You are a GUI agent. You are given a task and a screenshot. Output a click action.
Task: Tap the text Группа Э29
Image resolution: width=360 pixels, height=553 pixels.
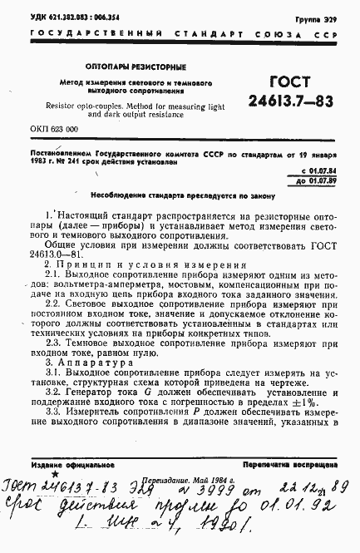316,17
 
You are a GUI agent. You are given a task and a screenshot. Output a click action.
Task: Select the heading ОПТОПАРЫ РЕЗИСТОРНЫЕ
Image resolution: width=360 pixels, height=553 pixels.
139,66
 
